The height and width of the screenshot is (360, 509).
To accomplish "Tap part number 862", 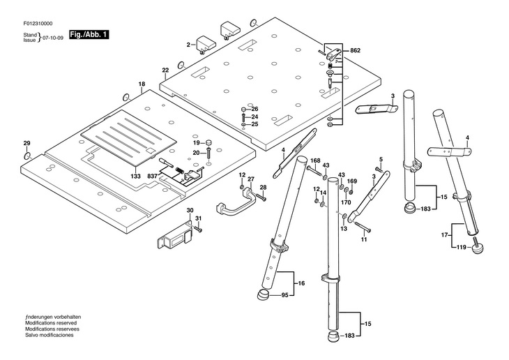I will coord(355,51).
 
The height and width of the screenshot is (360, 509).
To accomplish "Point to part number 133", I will coord(136,177).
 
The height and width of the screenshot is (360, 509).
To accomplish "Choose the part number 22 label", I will coord(165,70).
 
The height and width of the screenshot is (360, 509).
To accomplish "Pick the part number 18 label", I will coord(142,84).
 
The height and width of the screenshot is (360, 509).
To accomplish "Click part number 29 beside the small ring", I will coord(27,144).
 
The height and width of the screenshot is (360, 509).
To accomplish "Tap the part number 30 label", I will coord(190,211).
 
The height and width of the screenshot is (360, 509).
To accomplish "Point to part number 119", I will coord(461,247).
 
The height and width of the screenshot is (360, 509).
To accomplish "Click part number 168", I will coord(315,160).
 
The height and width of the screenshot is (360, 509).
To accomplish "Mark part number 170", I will coord(346,202).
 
